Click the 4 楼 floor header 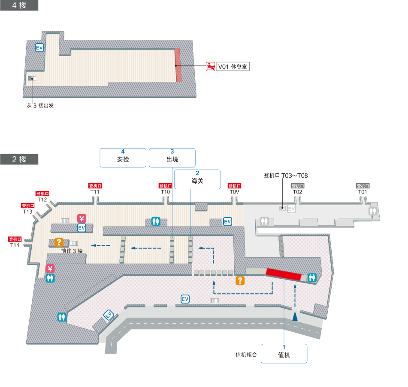click(19, 5)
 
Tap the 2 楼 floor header click(19, 159)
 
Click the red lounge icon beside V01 click(210, 66)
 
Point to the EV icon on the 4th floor click(39, 48)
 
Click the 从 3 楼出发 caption click(40, 106)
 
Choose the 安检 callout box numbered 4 click(123, 157)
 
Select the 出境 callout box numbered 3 click(172, 157)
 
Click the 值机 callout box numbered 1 click(284, 353)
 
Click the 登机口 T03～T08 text click(286, 176)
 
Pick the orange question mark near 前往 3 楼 click(59, 241)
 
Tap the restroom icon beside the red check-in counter click(312, 277)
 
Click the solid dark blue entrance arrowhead click(295, 316)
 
